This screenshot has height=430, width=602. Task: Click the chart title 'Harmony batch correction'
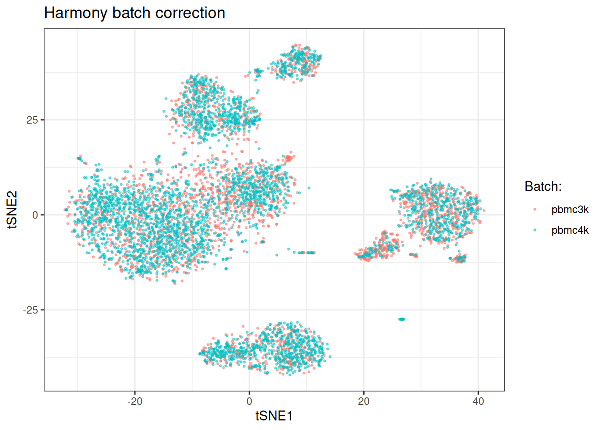point(134,13)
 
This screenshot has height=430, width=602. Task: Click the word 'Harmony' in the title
point(76,13)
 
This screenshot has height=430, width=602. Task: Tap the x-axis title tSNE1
point(274,416)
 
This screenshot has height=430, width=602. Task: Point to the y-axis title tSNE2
point(12,210)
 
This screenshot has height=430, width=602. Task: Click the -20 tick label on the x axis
point(134,401)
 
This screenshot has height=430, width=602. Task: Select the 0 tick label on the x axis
point(249,401)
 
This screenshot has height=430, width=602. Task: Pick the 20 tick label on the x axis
point(364,401)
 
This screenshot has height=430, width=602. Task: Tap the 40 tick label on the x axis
point(478,401)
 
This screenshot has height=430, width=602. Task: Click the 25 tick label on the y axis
point(32,120)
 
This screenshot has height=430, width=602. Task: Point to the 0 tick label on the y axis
point(35,215)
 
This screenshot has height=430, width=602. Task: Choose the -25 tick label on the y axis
point(30,310)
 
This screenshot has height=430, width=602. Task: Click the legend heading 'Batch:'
point(543,186)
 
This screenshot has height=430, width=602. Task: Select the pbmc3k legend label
point(570,210)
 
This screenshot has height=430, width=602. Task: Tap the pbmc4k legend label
point(570,231)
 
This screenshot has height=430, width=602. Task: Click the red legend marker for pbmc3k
point(535,210)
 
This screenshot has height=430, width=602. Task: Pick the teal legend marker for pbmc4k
point(535,231)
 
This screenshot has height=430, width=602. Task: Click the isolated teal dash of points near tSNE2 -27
point(402,319)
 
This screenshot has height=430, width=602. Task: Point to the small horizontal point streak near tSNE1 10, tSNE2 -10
point(306,253)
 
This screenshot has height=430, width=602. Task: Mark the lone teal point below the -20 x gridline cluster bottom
point(174,281)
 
